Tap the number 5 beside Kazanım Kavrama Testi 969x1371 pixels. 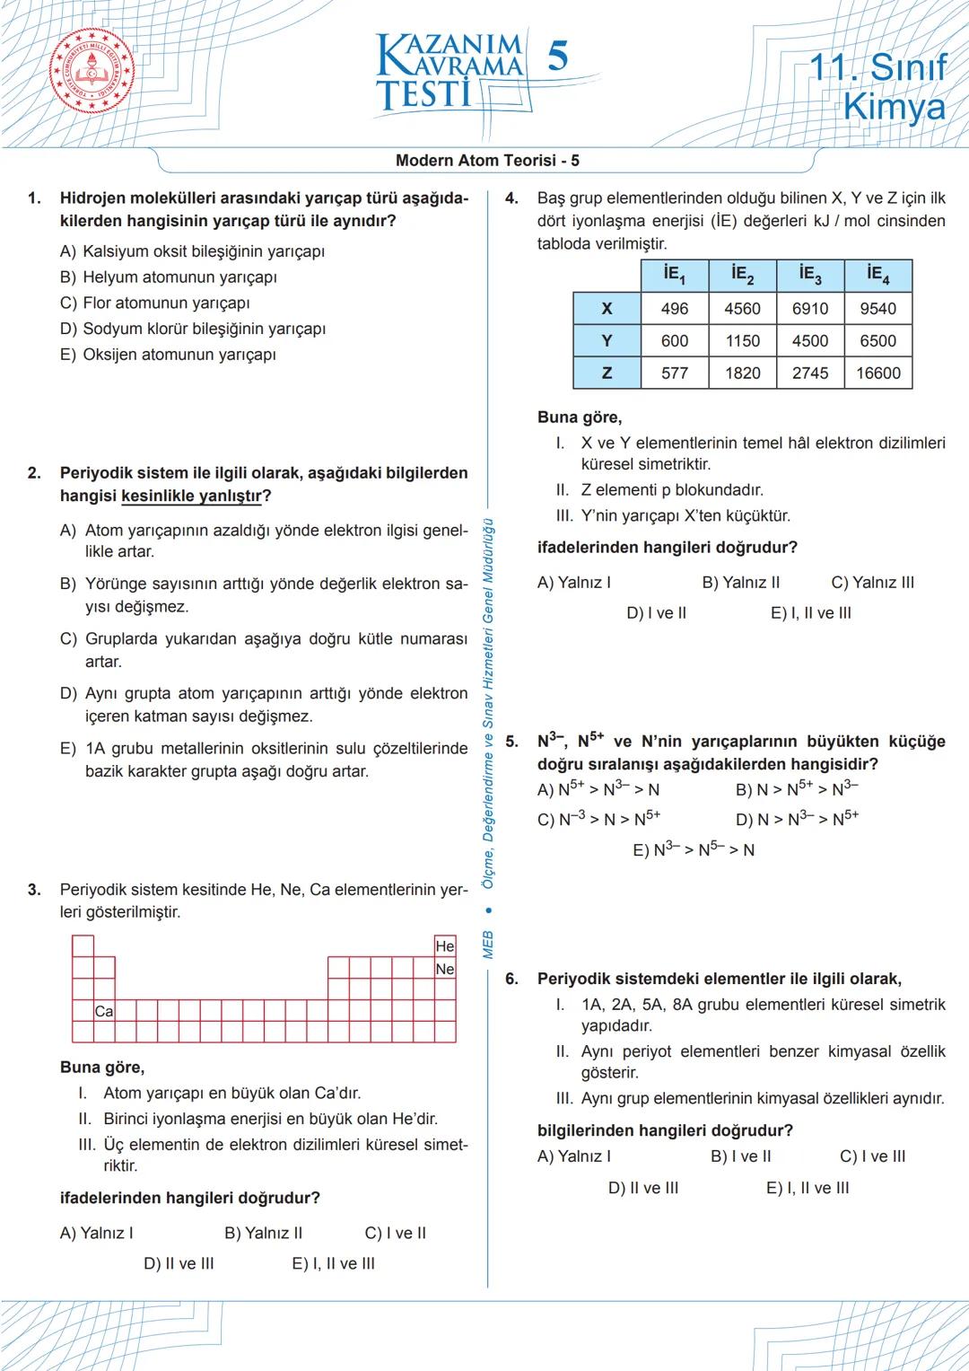pos(557,57)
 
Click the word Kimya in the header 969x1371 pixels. pos(895,107)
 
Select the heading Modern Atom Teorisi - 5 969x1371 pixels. pos(487,161)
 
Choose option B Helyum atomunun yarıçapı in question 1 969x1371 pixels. pos(169,277)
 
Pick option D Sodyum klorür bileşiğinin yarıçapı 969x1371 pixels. pos(193,329)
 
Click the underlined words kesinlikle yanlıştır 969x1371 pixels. pos(192,497)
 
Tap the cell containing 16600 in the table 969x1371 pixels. pos(877,374)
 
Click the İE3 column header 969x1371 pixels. pos(810,276)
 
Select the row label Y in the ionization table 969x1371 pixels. pos(607,341)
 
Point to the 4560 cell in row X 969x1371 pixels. pos(742,309)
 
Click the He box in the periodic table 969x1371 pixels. pos(445,946)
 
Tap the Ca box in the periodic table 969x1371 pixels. pos(104,1011)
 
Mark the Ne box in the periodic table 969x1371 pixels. pos(445,969)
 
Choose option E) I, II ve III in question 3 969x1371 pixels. pos(333,1264)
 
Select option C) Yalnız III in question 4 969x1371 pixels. pos(872,583)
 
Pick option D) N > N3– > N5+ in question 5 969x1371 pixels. pos(797,819)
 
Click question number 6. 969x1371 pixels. pos(511,980)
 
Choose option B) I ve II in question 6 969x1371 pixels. pos(740,1156)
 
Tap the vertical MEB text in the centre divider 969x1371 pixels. pos(488,945)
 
